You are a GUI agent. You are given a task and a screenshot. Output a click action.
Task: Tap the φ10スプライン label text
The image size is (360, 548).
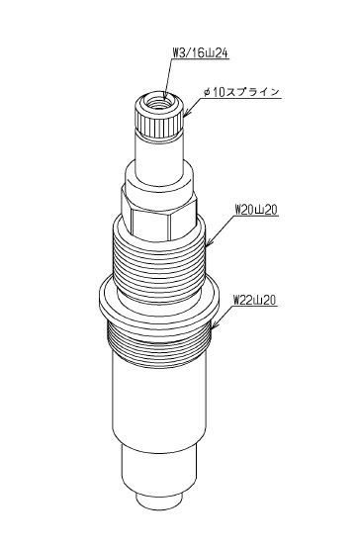[241, 92]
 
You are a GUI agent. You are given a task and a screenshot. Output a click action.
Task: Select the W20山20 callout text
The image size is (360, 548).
[255, 210]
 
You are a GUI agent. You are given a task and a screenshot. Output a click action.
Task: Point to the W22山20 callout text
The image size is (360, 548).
[255, 300]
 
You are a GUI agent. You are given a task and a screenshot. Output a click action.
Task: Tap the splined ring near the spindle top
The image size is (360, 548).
[159, 126]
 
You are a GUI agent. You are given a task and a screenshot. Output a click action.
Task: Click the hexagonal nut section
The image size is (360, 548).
[158, 214]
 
